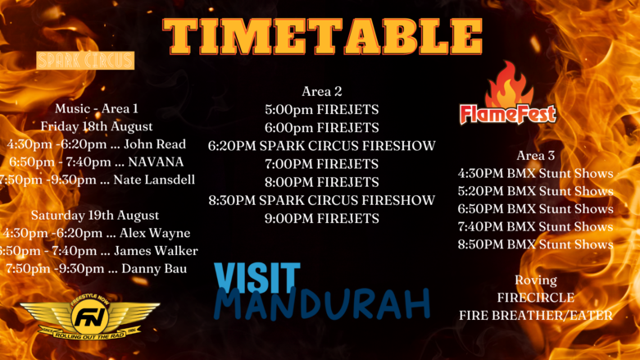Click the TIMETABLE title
(322, 37)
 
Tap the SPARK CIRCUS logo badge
(85, 61)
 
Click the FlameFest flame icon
(509, 84)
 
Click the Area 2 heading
(321, 91)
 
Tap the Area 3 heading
(535, 155)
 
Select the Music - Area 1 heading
(97, 108)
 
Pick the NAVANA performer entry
(156, 162)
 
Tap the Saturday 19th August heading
(95, 215)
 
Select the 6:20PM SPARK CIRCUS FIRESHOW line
(321, 146)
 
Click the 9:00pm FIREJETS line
(321, 218)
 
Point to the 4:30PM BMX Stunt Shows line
(535, 173)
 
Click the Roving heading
(535, 280)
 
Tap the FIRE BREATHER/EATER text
(535, 316)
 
